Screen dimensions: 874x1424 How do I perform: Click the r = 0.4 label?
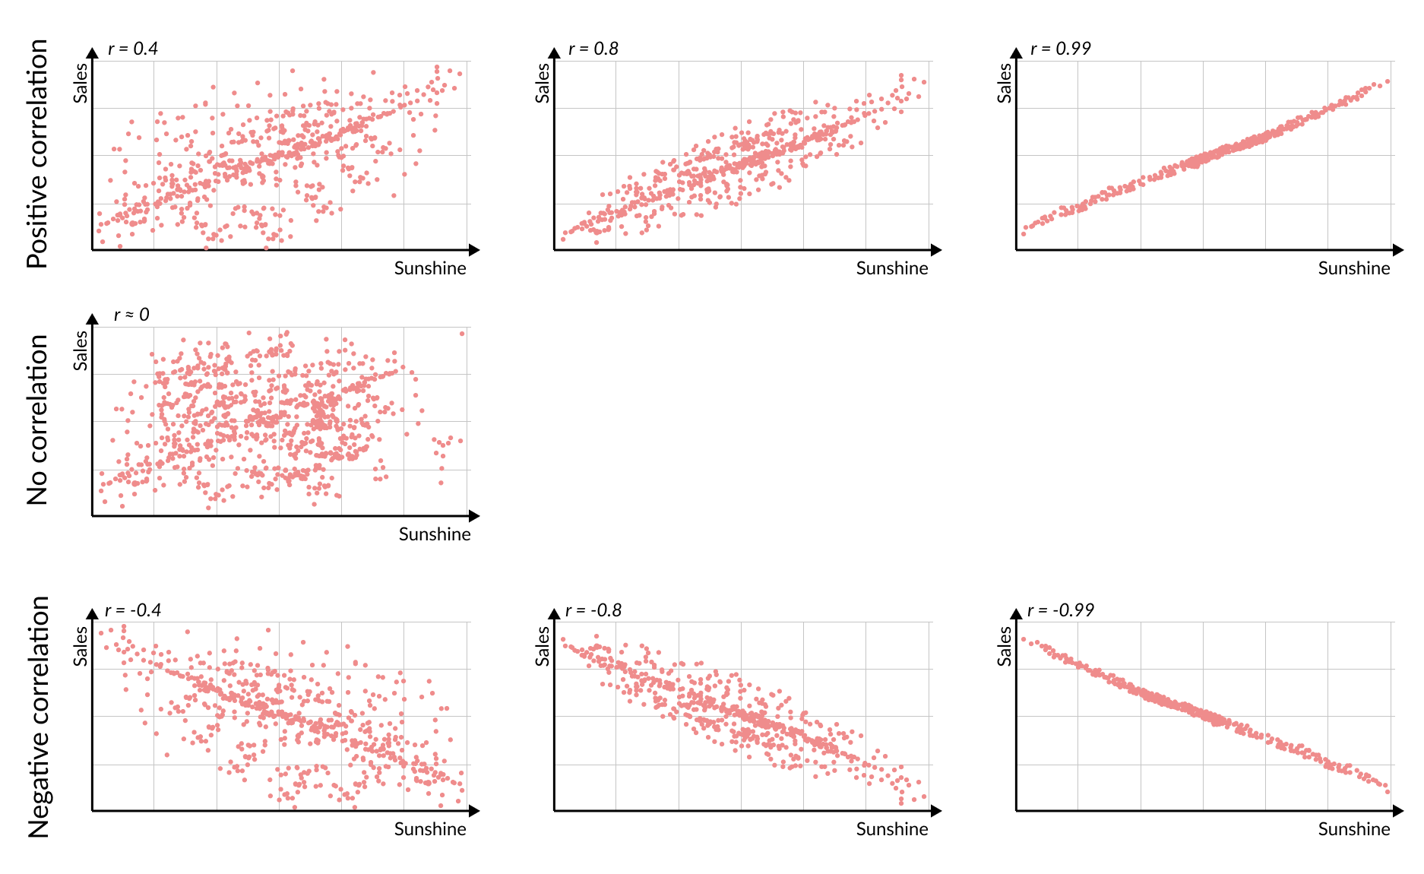click(133, 49)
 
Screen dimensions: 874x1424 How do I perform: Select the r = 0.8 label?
click(593, 49)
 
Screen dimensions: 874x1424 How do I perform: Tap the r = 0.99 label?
click(1060, 49)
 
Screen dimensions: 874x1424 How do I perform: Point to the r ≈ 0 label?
click(131, 315)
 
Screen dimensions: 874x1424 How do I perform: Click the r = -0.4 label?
click(133, 610)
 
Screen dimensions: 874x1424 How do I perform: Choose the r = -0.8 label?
click(593, 610)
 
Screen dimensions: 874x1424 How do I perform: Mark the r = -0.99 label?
click(1060, 610)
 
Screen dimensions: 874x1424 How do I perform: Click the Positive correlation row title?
click(37, 154)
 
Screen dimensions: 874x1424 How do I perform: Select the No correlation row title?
click(37, 420)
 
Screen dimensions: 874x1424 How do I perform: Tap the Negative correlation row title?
click(37, 717)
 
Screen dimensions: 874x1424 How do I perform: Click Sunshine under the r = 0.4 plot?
click(430, 268)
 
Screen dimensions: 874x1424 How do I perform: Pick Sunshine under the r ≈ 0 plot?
click(435, 534)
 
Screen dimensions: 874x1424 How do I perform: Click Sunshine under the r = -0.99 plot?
click(1353, 829)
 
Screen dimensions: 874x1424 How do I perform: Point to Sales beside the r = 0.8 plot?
click(543, 83)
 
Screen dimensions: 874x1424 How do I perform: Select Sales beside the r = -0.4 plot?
click(81, 645)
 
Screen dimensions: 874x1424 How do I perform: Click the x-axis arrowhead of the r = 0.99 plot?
click(1398, 250)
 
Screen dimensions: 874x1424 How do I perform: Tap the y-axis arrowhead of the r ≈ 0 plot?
click(93, 318)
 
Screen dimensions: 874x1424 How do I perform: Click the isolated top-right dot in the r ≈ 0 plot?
click(462, 333)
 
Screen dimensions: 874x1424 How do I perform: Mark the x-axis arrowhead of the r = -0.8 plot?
click(936, 811)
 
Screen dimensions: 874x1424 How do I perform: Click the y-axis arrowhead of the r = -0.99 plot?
click(1016, 613)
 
